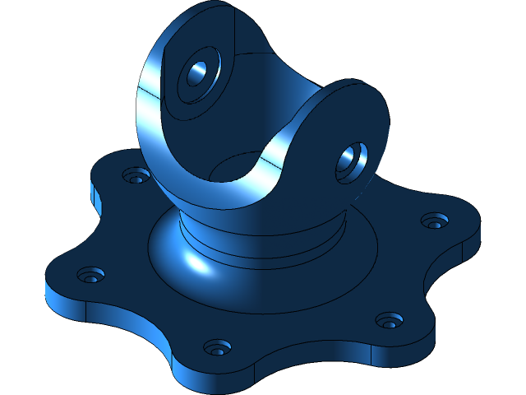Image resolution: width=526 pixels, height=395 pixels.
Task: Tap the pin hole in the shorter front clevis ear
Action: pyautogui.click(x=351, y=160)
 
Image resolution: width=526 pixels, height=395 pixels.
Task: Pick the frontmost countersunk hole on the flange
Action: pyautogui.click(x=216, y=347)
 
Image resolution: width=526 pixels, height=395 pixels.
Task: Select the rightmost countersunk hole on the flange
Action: pyautogui.click(x=434, y=221)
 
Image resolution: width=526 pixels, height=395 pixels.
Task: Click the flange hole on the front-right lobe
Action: pyautogui.click(x=387, y=319)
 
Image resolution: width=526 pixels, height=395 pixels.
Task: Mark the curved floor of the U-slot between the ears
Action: pyautogui.click(x=234, y=170)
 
